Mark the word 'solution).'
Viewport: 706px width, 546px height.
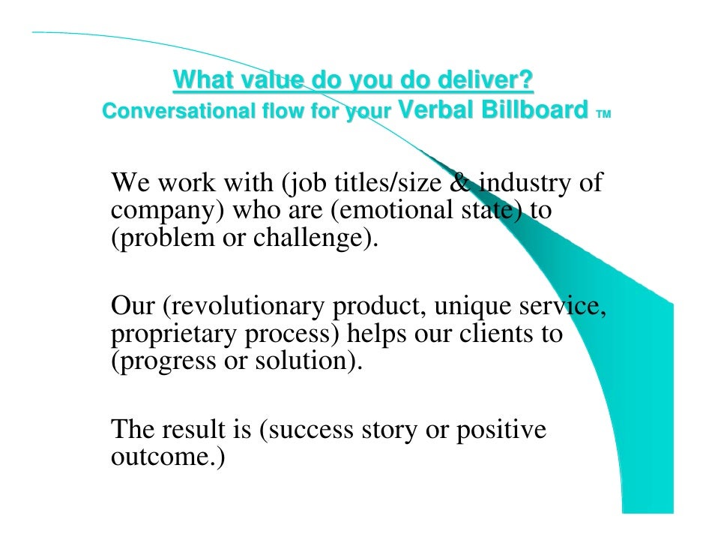click(x=306, y=363)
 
